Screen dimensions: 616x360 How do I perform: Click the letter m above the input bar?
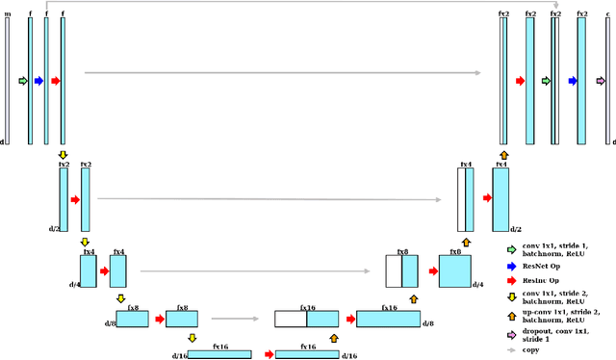(x=7, y=14)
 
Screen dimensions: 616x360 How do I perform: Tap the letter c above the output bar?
(x=607, y=14)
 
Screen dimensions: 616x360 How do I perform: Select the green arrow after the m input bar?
(x=23, y=82)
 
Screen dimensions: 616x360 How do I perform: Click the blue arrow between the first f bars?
(x=38, y=82)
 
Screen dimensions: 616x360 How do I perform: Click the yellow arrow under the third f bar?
(x=64, y=154)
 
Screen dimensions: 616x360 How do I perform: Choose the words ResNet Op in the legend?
(x=542, y=265)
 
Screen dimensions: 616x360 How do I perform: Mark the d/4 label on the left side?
(x=73, y=284)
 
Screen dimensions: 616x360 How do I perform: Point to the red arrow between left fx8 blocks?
(x=158, y=319)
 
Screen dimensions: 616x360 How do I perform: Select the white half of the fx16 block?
(x=291, y=320)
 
